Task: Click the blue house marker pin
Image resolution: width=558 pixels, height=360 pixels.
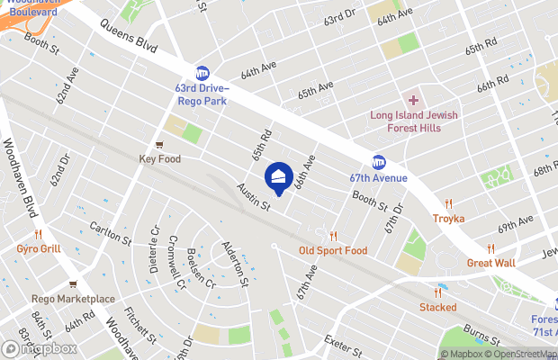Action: pyautogui.click(x=279, y=178)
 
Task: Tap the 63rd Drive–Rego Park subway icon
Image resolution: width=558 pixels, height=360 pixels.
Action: pyautogui.click(x=202, y=72)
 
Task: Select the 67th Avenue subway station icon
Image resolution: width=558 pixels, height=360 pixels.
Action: pyautogui.click(x=379, y=162)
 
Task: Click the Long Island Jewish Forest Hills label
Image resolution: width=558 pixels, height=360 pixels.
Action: pyautogui.click(x=414, y=121)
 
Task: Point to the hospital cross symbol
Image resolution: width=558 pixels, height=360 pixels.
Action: pyautogui.click(x=414, y=100)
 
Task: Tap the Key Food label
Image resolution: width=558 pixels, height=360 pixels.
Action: pyautogui.click(x=160, y=159)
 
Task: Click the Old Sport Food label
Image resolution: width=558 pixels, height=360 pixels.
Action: pyautogui.click(x=333, y=250)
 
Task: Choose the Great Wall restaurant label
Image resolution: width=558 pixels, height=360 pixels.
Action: pyautogui.click(x=490, y=263)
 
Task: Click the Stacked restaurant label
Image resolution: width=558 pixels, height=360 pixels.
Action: pyautogui.click(x=438, y=307)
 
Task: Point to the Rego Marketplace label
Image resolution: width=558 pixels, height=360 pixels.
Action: pyautogui.click(x=74, y=299)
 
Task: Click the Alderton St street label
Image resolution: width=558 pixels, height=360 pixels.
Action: pyautogui.click(x=234, y=261)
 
